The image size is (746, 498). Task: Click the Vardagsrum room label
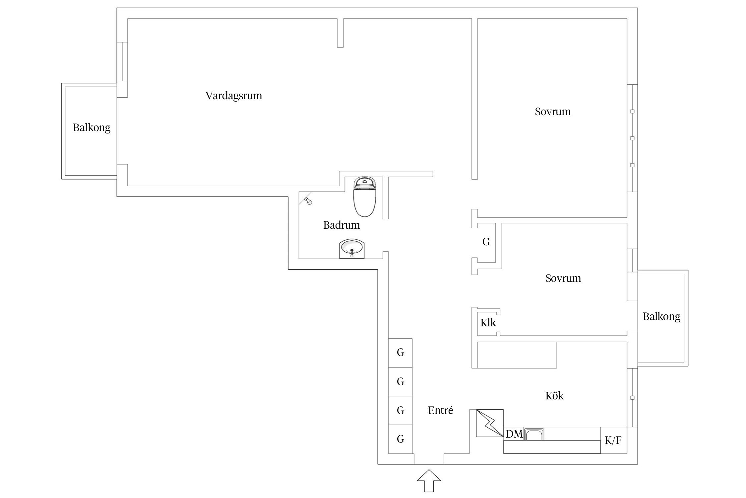tap(234, 96)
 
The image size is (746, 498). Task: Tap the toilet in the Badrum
tap(365, 198)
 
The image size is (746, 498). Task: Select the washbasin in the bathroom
tap(352, 249)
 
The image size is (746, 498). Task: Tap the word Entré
tap(440, 411)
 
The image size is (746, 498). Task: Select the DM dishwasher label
tap(514, 434)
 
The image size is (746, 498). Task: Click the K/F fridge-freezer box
tap(613, 441)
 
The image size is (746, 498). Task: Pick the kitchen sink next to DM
tap(534, 434)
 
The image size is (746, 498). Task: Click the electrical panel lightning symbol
tap(490, 423)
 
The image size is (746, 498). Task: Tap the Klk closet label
tap(488, 323)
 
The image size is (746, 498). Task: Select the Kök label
tap(554, 396)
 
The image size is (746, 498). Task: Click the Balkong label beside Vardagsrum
tap(92, 128)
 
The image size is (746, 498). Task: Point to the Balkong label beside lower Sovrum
tap(661, 317)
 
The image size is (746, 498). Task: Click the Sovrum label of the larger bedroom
tap(553, 112)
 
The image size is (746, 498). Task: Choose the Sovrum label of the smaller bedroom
tap(563, 278)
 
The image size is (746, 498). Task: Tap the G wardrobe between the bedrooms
tap(486, 242)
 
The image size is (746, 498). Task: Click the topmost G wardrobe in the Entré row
tap(401, 353)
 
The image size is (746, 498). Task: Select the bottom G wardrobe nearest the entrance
tap(401, 439)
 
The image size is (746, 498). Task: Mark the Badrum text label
tap(342, 225)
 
